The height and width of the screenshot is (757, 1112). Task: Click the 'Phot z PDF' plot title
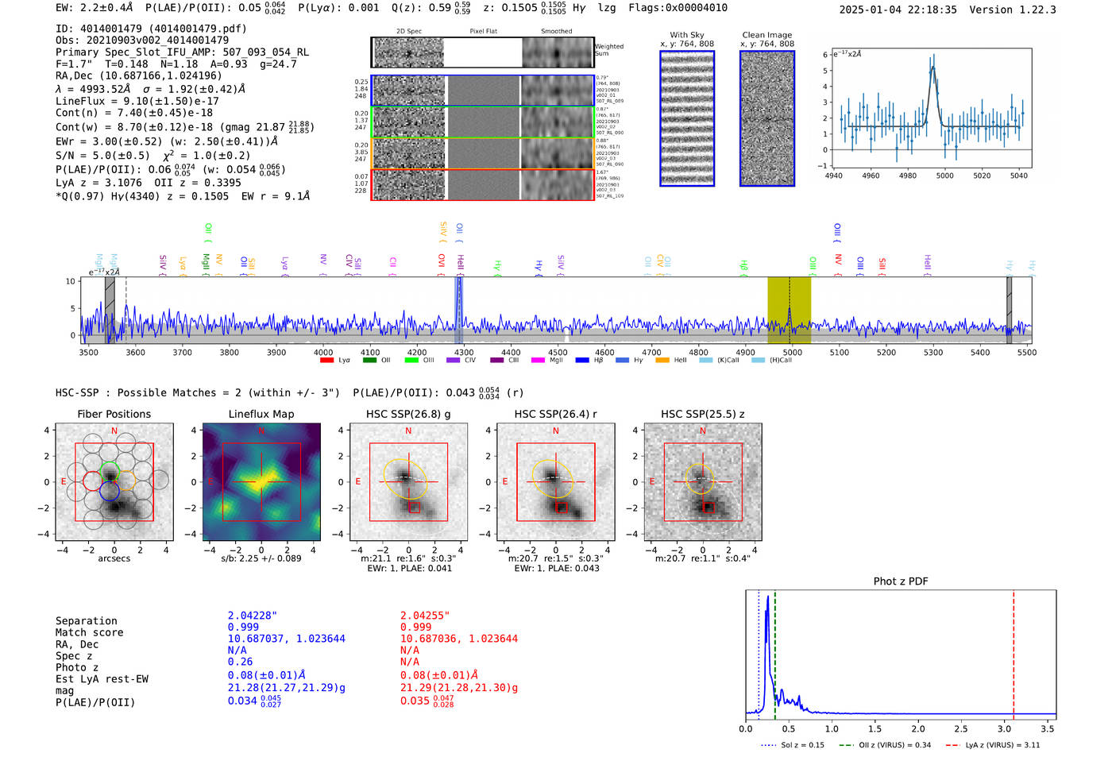coord(901,581)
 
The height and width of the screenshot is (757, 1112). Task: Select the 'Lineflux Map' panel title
coord(261,414)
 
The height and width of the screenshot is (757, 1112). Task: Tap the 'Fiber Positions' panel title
coord(114,414)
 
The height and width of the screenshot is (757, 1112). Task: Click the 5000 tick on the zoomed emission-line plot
coord(944,176)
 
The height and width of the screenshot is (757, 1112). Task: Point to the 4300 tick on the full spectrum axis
coord(464,352)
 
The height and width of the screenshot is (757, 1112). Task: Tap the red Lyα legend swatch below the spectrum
coord(326,361)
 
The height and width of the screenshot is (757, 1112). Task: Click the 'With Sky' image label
coord(687,35)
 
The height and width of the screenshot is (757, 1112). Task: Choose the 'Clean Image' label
coord(767,35)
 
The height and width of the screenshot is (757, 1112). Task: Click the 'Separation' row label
coord(87,621)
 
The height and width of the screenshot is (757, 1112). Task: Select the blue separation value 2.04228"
coord(253,616)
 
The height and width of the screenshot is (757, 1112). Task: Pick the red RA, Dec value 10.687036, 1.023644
coord(459,639)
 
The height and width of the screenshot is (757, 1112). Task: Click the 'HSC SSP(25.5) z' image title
coord(703,414)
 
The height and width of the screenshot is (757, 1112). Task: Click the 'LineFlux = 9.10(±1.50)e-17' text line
coord(137,101)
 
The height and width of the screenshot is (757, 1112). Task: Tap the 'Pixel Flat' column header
coord(483,32)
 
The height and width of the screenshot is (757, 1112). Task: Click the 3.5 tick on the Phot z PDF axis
coord(1048,728)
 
